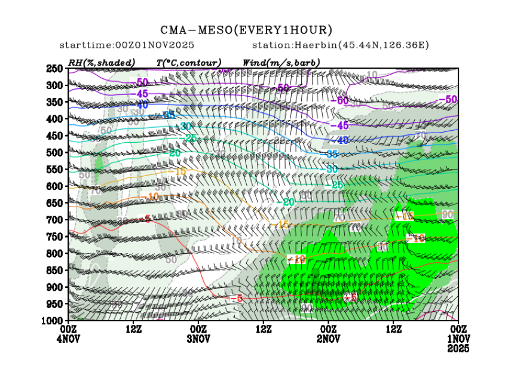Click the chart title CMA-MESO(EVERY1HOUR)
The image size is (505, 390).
point(246,30)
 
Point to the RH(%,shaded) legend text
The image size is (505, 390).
point(102,62)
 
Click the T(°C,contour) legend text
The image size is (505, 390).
point(189,62)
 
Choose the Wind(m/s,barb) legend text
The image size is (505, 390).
point(281,62)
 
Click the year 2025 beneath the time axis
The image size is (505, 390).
point(458,348)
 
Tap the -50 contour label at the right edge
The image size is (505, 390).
point(448,99)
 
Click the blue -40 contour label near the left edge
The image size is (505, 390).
point(141,105)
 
